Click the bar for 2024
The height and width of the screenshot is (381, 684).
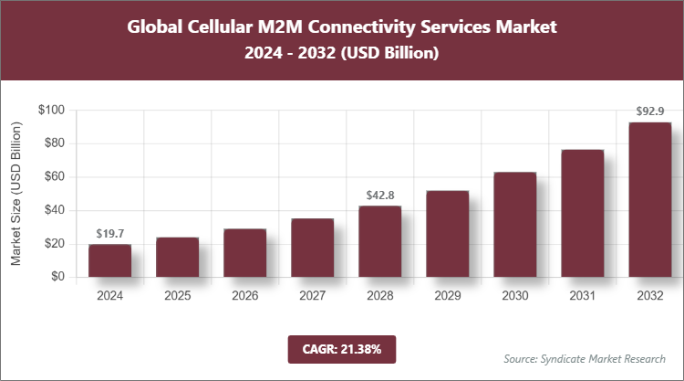pyautogui.click(x=109, y=260)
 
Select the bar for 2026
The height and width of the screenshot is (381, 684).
pyautogui.click(x=244, y=253)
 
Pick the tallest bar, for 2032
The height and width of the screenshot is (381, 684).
pyautogui.click(x=649, y=199)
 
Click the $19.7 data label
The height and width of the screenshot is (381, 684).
pyautogui.click(x=109, y=235)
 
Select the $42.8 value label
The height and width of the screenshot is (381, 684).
pyautogui.click(x=379, y=196)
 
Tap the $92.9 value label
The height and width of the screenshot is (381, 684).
pyautogui.click(x=649, y=111)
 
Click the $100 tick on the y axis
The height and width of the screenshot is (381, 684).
pyautogui.click(x=50, y=111)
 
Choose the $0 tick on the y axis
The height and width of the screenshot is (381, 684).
pyautogui.click(x=57, y=277)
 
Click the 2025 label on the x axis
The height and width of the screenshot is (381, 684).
pyautogui.click(x=177, y=296)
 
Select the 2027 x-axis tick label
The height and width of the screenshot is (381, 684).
pyautogui.click(x=312, y=296)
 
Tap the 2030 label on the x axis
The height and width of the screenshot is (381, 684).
pyautogui.click(x=514, y=296)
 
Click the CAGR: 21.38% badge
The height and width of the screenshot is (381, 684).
pyautogui.click(x=341, y=348)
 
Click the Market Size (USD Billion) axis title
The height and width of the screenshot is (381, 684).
pyautogui.click(x=16, y=194)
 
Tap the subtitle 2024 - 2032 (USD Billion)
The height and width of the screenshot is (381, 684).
pyautogui.click(x=341, y=54)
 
